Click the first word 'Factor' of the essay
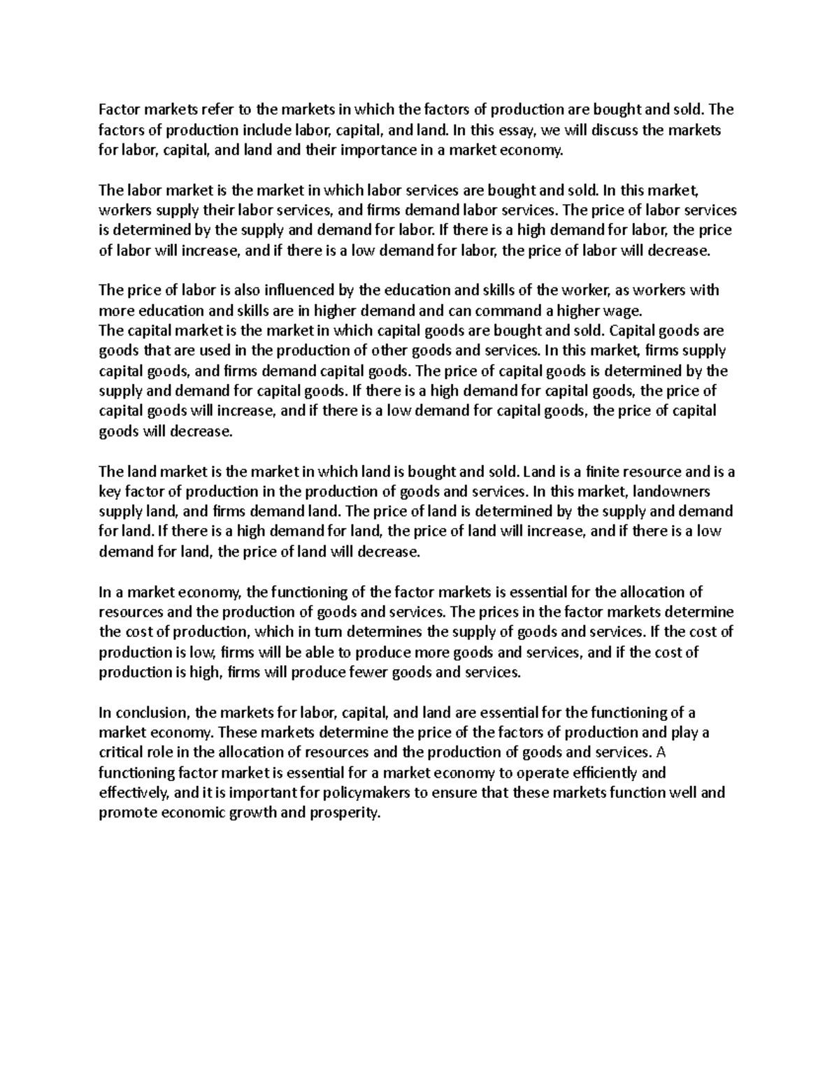(x=118, y=109)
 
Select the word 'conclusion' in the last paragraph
(x=152, y=713)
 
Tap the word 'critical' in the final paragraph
(x=120, y=753)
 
